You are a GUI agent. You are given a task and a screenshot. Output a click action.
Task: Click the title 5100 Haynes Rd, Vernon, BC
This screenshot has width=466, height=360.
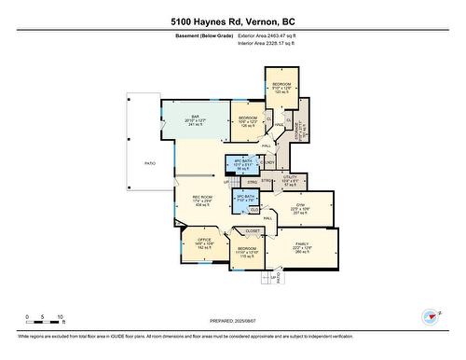click(232, 20)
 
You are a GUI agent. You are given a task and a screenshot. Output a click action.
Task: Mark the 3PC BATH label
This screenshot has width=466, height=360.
click(244, 198)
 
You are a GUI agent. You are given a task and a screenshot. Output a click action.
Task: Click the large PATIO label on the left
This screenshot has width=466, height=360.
click(149, 162)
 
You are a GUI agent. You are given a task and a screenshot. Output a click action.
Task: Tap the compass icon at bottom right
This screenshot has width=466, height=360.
click(430, 318)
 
